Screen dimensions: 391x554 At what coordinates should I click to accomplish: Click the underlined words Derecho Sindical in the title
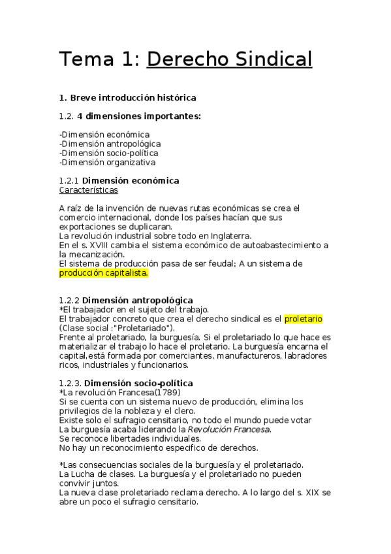click(x=229, y=59)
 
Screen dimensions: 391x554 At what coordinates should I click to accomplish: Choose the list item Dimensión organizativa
click(x=107, y=162)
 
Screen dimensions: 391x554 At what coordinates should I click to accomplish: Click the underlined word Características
click(x=88, y=190)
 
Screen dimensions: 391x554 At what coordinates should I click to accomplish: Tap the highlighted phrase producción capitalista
click(x=103, y=273)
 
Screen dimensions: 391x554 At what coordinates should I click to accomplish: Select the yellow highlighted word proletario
click(x=303, y=318)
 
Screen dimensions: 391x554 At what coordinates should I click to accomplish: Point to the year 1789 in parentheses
click(x=157, y=392)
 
